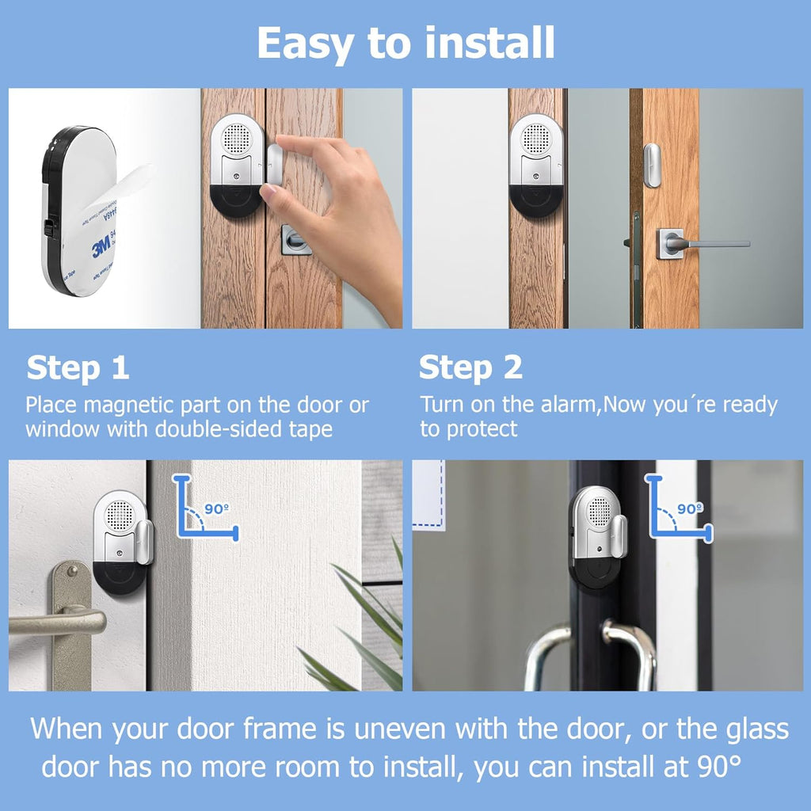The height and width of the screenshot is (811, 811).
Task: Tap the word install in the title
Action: pyautogui.click(x=489, y=43)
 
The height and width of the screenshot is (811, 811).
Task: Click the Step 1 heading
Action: pyautogui.click(x=78, y=368)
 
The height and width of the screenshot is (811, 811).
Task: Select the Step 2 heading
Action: pyautogui.click(x=470, y=368)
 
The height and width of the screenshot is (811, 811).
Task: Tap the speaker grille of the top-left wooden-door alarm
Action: pyautogui.click(x=236, y=138)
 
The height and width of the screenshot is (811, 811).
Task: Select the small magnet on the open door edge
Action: pyautogui.click(x=652, y=166)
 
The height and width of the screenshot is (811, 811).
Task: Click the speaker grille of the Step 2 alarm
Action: pyautogui.click(x=536, y=138)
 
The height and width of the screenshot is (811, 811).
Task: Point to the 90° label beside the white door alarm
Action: pyautogui.click(x=217, y=509)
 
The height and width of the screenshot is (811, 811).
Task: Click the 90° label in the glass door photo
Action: pyautogui.click(x=690, y=509)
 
